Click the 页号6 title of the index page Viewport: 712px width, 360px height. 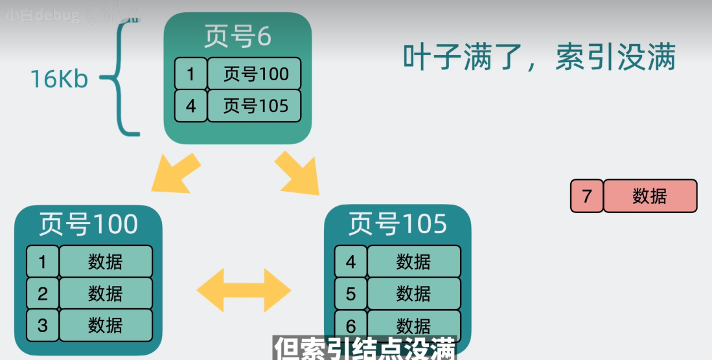(x=237, y=38)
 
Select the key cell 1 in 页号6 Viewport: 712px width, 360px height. (x=190, y=74)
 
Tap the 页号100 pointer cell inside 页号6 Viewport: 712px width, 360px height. (x=255, y=74)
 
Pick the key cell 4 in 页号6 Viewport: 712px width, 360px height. (x=190, y=106)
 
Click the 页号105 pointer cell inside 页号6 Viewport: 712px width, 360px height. (x=255, y=106)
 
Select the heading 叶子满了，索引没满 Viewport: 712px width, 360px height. (x=539, y=58)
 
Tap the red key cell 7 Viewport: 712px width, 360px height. (x=586, y=196)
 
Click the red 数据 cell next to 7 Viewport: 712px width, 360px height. (x=650, y=196)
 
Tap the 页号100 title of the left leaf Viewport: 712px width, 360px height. (x=88, y=224)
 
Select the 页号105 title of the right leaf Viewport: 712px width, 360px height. (x=397, y=224)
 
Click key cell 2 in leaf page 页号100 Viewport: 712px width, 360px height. (x=43, y=294)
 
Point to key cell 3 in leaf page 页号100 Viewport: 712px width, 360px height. (x=43, y=325)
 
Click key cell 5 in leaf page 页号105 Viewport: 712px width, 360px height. (x=350, y=294)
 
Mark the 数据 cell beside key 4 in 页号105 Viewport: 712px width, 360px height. (x=414, y=262)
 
